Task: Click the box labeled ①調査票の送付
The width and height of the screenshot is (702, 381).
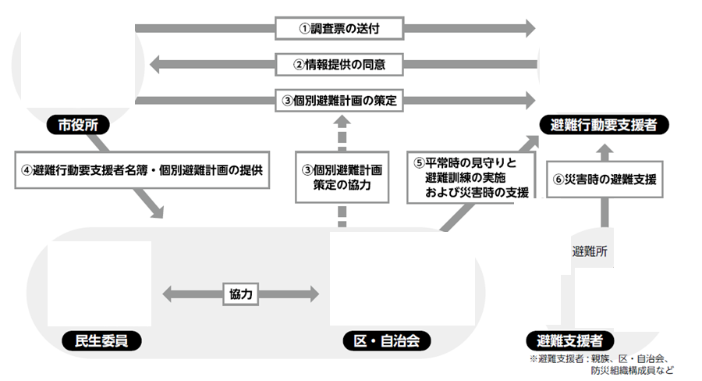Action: point(339,29)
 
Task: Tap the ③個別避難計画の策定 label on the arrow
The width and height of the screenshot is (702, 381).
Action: point(339,100)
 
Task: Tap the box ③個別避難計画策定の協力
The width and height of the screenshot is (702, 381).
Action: point(342,177)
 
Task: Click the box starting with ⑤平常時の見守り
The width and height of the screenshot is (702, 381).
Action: point(471,177)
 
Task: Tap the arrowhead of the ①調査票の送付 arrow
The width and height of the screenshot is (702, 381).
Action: point(530,29)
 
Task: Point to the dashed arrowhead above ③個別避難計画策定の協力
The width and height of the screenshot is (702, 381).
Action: point(342,122)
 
